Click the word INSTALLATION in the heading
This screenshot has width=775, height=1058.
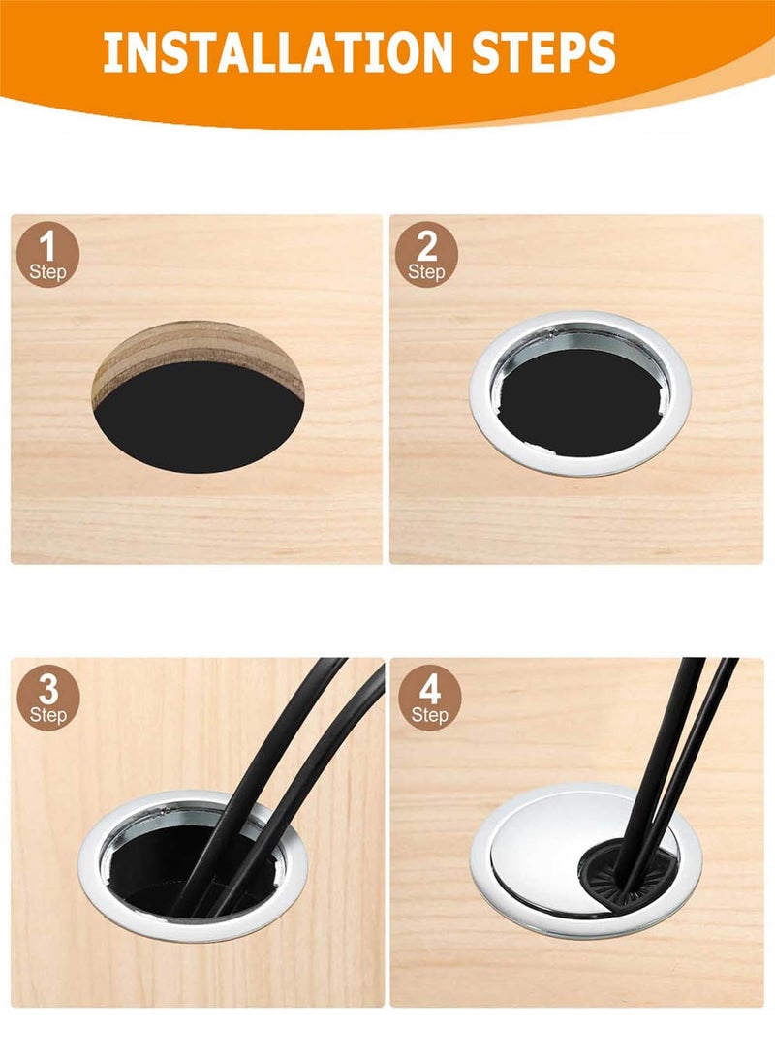[277, 52]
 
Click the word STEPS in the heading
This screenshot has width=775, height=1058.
[543, 52]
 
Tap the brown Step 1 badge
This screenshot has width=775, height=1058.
[47, 256]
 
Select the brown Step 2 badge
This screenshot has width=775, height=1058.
[426, 256]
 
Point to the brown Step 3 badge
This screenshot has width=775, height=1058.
[47, 699]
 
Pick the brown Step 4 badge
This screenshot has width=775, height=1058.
[430, 699]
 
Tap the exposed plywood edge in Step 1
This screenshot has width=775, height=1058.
[196, 355]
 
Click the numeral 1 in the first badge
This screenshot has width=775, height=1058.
[47, 246]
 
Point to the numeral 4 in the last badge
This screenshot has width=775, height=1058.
[430, 690]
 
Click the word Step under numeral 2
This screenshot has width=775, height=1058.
[426, 272]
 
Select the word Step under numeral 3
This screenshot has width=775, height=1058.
[47, 715]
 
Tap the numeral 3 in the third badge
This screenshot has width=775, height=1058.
[47, 690]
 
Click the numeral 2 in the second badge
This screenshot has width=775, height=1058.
[426, 246]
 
